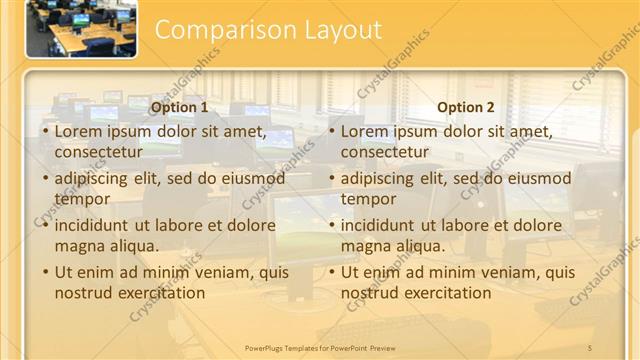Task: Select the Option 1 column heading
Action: [180, 108]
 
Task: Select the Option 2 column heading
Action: [466, 108]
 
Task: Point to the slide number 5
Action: [590, 347]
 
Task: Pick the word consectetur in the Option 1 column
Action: [98, 152]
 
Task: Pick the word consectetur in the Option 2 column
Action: [385, 152]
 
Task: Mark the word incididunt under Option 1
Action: [98, 225]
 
